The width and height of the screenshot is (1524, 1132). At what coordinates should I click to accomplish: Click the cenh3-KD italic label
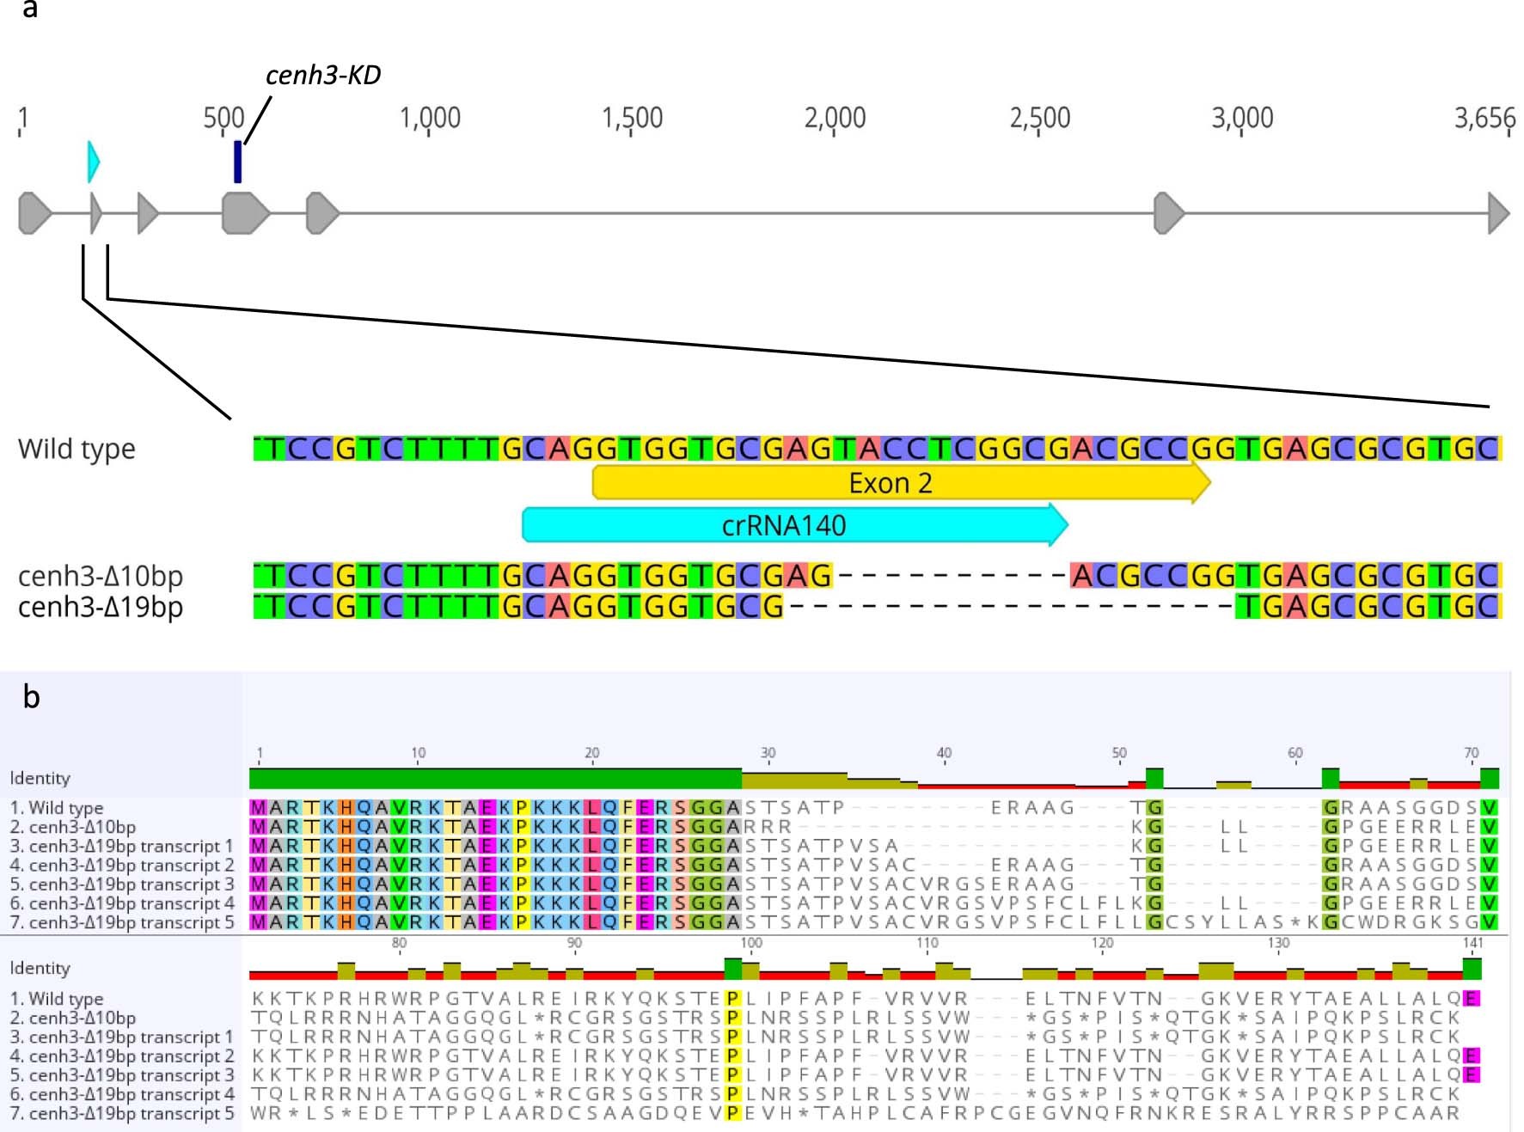[x=322, y=76]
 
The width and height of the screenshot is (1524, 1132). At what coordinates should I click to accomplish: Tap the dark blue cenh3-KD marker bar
[x=238, y=162]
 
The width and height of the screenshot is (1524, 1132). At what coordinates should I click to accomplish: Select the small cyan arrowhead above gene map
[x=93, y=162]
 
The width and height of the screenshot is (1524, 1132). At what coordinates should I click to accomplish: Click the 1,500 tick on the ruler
[x=632, y=119]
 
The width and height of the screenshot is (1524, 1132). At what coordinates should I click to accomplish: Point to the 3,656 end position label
[x=1484, y=119]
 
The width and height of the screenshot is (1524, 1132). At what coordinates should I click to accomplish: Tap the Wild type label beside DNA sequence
[x=77, y=449]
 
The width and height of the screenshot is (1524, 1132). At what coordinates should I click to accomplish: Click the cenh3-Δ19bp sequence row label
[x=101, y=607]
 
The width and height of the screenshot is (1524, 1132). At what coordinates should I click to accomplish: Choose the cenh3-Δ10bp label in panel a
[x=101, y=576]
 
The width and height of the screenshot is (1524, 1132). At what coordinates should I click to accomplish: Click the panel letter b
[x=32, y=697]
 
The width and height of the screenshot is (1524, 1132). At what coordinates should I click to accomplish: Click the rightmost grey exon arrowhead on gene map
[x=1498, y=213]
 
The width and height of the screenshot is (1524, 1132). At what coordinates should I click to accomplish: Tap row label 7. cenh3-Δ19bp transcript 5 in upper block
[x=122, y=922]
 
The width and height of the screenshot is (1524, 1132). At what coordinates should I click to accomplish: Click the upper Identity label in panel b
[x=40, y=778]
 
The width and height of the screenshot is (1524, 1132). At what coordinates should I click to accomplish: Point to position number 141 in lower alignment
[x=1472, y=943]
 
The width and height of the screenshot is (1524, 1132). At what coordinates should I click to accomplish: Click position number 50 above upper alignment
[x=1119, y=753]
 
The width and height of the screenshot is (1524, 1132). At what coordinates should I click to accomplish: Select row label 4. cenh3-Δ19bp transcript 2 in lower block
[x=122, y=1056]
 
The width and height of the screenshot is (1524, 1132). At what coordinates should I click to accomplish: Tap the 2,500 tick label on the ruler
[x=1039, y=119]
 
